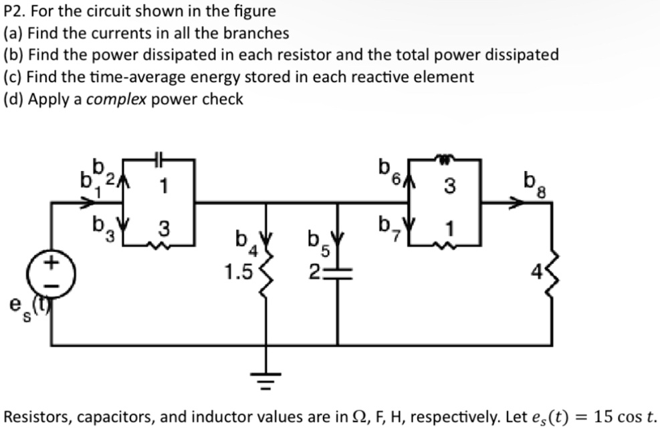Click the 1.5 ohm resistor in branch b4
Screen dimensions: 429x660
[x=267, y=274]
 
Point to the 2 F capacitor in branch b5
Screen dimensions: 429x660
[x=337, y=275]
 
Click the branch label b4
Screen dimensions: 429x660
[x=243, y=241]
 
